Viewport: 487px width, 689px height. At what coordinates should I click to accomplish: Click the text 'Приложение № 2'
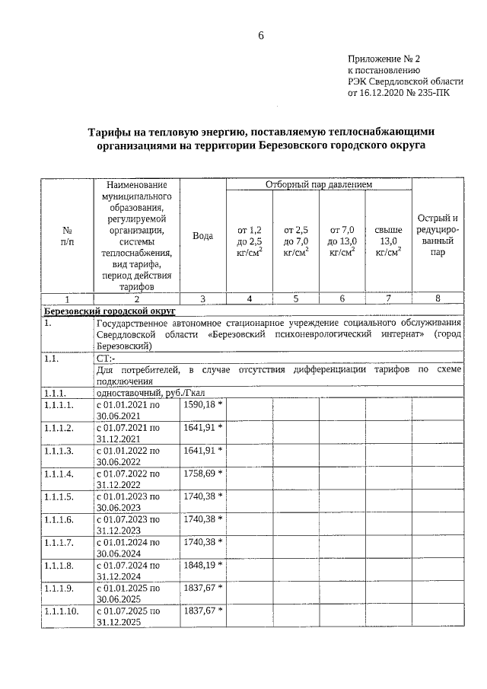[384, 59]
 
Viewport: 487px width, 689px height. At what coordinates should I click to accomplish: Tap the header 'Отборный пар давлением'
[319, 184]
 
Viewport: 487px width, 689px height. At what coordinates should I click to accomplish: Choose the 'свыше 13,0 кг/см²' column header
[388, 241]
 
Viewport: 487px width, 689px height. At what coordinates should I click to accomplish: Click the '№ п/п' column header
[67, 236]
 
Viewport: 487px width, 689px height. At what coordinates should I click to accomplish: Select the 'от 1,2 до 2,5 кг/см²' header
[249, 241]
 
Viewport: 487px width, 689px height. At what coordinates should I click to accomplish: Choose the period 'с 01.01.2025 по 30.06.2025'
[127, 594]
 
